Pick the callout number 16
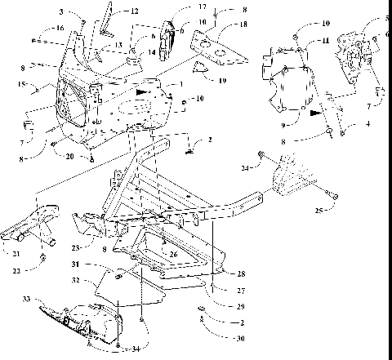point(60,27)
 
